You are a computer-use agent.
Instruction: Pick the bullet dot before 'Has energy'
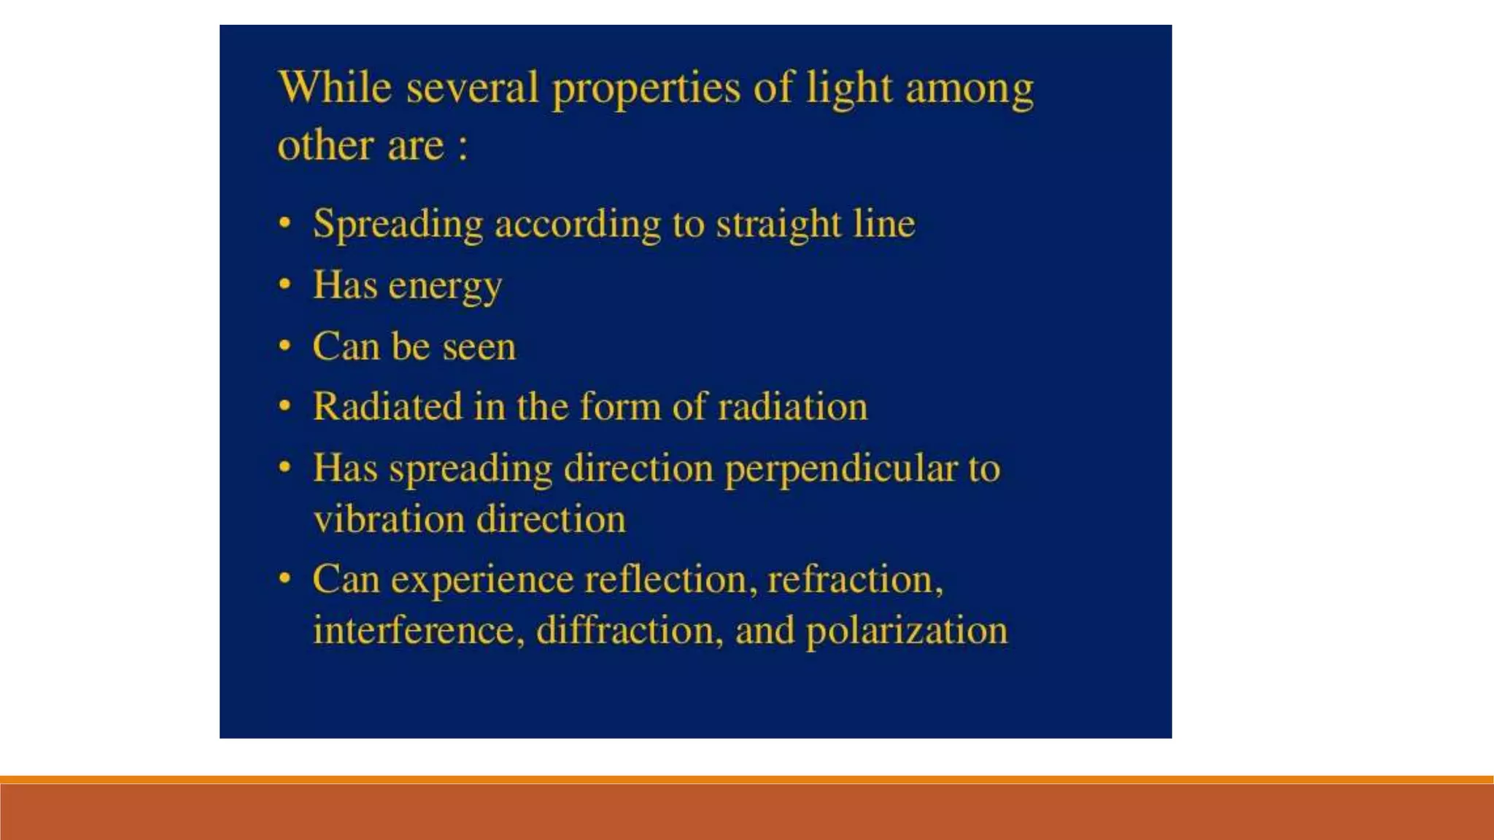click(285, 284)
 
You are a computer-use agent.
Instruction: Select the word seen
click(479, 346)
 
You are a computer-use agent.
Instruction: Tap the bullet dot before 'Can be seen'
click(285, 345)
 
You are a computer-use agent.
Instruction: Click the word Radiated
click(387, 406)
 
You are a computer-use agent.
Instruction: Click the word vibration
click(389, 519)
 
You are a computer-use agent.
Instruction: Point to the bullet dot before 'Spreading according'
click(285, 222)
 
